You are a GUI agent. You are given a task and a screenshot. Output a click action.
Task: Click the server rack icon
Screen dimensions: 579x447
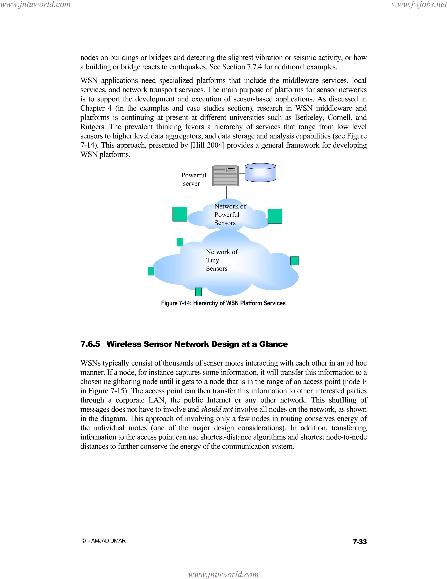[x=225, y=175]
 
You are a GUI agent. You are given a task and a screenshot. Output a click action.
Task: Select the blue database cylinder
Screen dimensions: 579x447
[x=260, y=173]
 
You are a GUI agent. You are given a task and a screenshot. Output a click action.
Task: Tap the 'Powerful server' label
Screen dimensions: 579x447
[x=193, y=179]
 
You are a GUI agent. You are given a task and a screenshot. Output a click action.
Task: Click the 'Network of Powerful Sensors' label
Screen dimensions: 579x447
[x=229, y=215]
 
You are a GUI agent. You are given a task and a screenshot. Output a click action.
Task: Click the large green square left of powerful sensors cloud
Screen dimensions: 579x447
[x=180, y=214]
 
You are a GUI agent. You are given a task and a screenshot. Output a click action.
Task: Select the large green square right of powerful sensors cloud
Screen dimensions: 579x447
[x=275, y=216]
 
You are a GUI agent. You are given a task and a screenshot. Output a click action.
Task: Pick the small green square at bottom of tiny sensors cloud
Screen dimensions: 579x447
[x=198, y=292]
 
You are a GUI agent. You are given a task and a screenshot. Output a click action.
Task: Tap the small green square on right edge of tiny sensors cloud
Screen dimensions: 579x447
[x=294, y=261]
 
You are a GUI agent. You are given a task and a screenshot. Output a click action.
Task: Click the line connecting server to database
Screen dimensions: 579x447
[x=242, y=173]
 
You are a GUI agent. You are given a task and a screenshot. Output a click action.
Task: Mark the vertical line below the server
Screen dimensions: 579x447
[x=226, y=192]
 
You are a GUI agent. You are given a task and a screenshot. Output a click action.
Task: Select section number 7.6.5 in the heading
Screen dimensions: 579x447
[x=90, y=344]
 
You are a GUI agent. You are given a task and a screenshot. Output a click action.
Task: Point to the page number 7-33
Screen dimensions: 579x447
[x=360, y=542]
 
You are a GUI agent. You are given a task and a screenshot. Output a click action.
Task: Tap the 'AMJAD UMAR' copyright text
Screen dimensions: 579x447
[x=108, y=541]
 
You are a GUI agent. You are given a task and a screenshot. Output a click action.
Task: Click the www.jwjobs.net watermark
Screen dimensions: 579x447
[x=419, y=5]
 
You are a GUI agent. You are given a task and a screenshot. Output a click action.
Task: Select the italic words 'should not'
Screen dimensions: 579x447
[x=217, y=409]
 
